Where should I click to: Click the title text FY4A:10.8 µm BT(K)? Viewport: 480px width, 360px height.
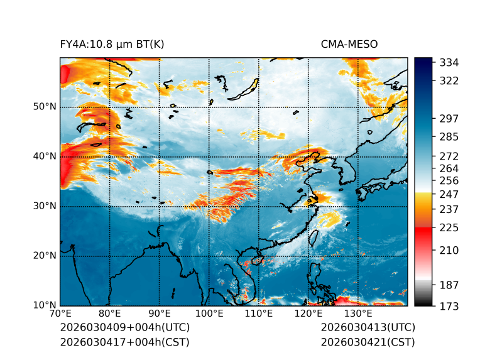pyautogui.click(x=112, y=45)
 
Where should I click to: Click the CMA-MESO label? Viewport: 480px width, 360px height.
pyautogui.click(x=349, y=45)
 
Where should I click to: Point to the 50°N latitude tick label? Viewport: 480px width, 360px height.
pyautogui.click(x=45, y=107)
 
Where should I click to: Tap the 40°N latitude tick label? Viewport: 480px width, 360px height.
pyautogui.click(x=45, y=156)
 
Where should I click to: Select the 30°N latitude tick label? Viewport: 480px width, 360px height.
pyautogui.click(x=45, y=206)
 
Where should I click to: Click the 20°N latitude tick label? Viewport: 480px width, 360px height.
pyautogui.click(x=45, y=256)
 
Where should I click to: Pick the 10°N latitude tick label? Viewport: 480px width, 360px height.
pyautogui.click(x=45, y=305)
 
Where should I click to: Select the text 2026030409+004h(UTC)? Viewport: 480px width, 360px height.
pyautogui.click(x=124, y=328)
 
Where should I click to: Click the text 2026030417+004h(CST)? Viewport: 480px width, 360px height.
pyautogui.click(x=124, y=342)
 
